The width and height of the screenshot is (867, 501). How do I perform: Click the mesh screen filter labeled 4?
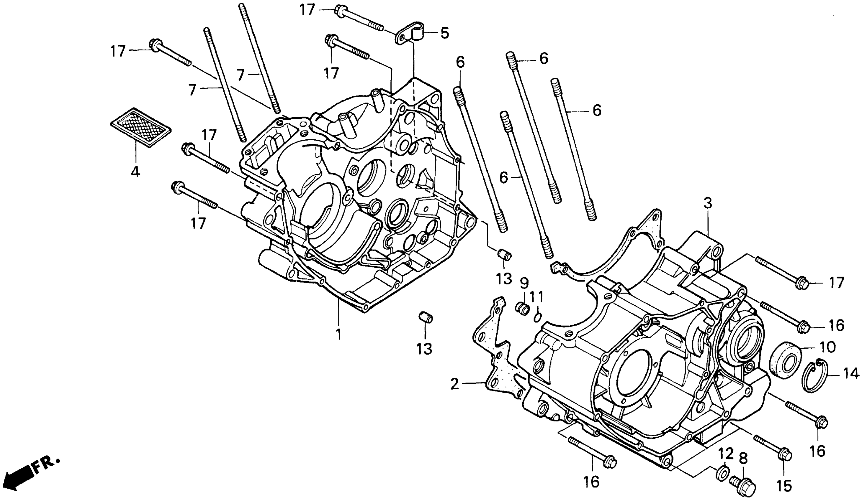[141, 128]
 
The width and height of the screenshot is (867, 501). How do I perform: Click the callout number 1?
[338, 334]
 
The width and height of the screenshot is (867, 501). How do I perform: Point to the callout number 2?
[454, 384]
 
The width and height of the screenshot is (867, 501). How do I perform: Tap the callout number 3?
[707, 203]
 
